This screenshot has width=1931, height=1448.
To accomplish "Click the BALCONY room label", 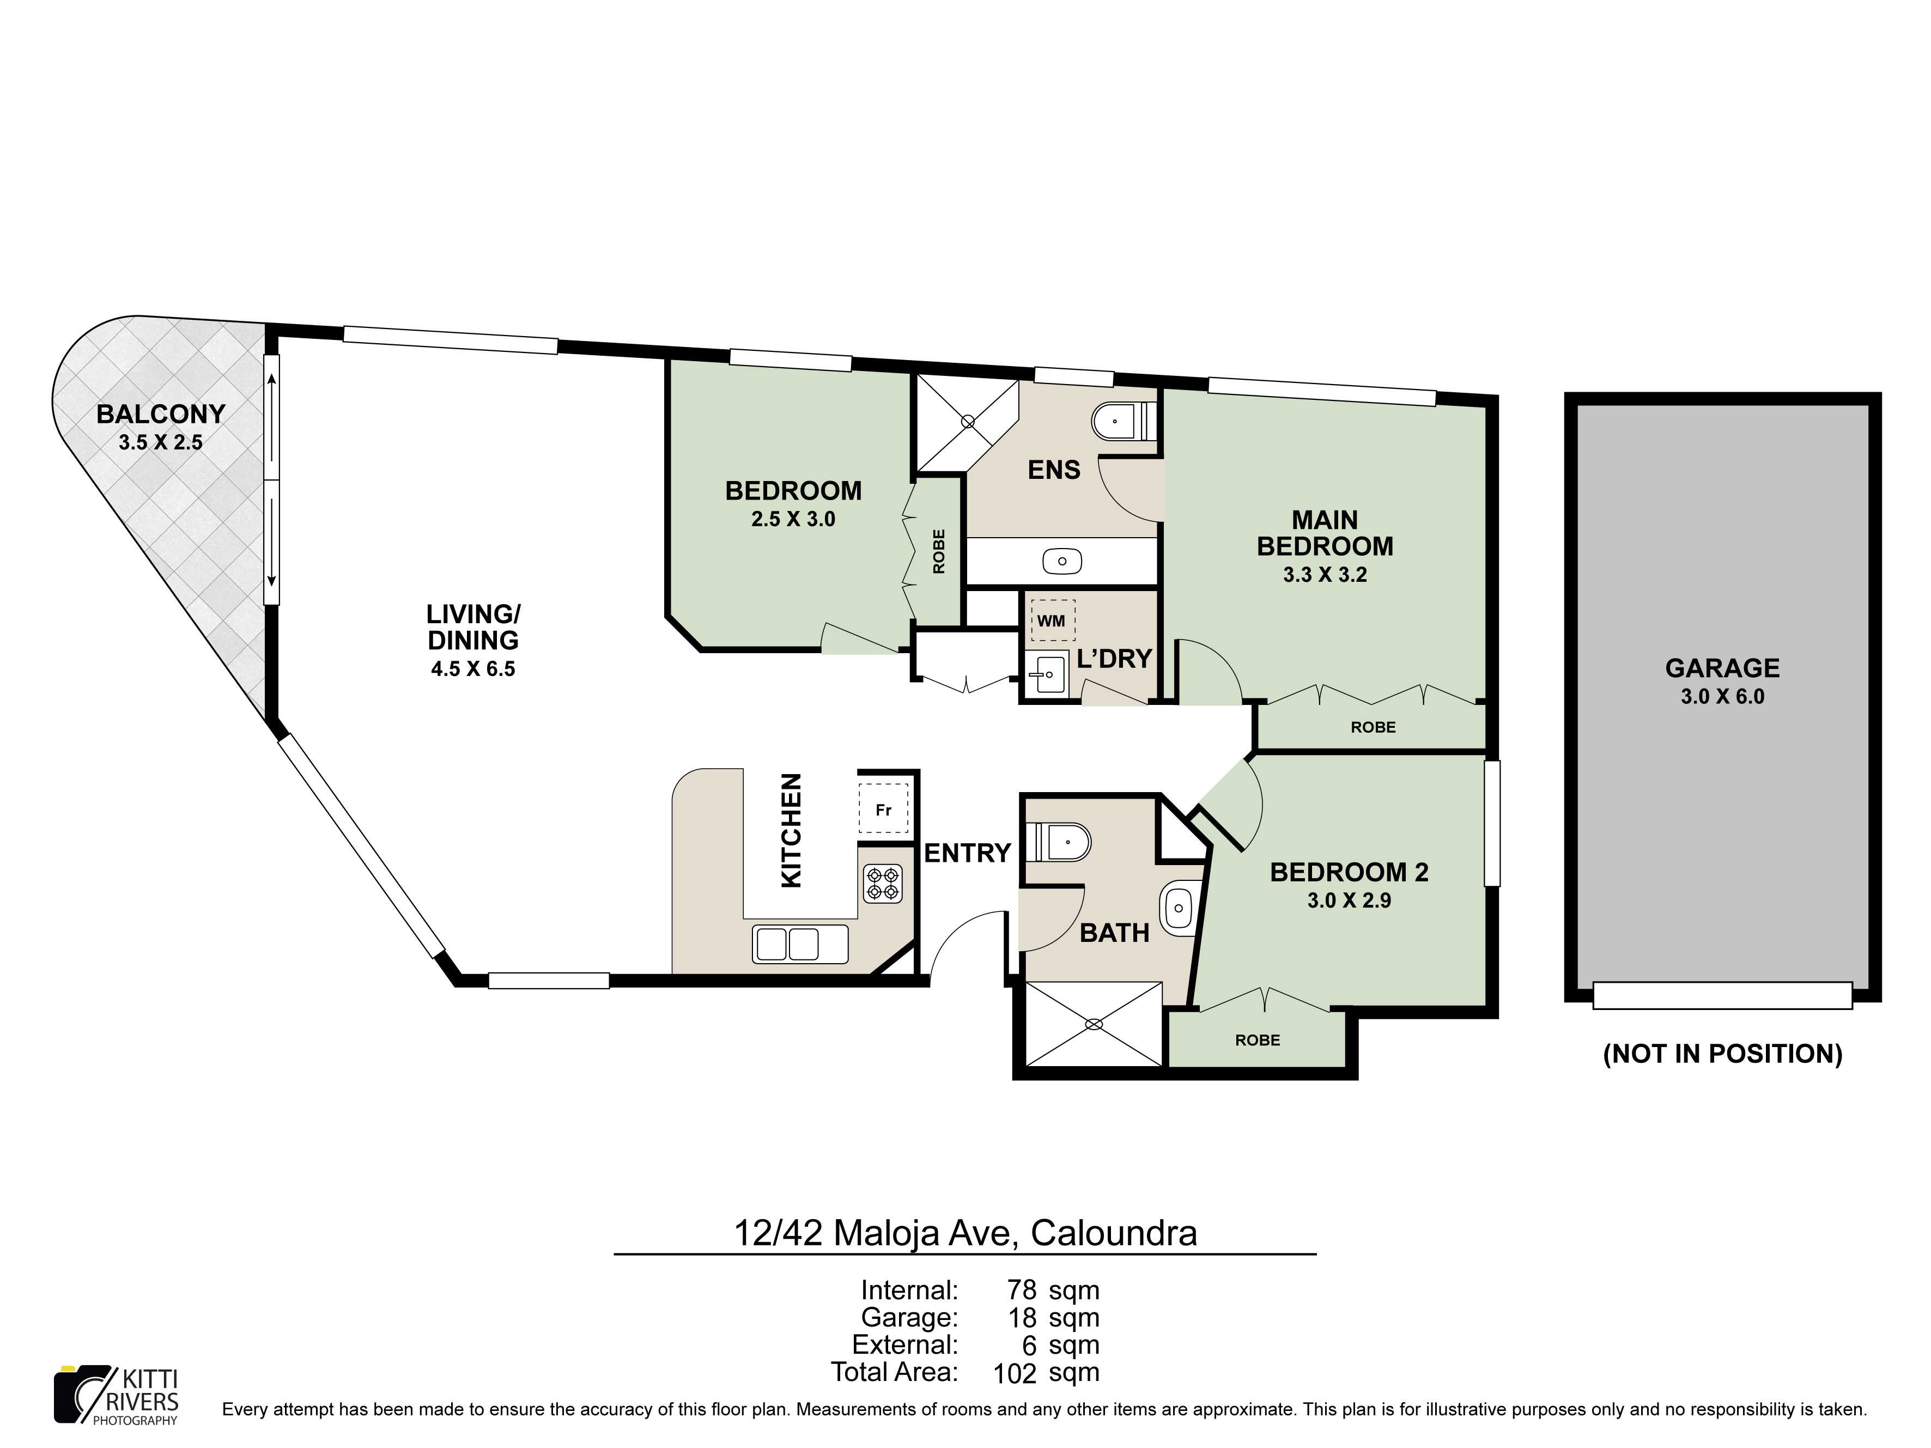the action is [x=161, y=413].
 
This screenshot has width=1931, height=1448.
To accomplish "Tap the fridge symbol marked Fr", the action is [x=883, y=808].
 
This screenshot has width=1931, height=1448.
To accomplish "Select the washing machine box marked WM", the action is [x=1052, y=620].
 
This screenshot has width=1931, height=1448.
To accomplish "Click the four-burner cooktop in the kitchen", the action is [x=883, y=883].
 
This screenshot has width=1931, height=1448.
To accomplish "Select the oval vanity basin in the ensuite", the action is [x=1062, y=561].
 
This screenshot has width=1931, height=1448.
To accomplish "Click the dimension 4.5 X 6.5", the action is [x=473, y=670].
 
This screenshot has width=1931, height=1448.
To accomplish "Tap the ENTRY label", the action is [x=967, y=853].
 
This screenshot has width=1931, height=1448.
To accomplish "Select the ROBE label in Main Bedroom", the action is [x=1373, y=727].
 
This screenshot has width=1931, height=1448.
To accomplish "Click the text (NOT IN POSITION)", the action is [x=1722, y=1054].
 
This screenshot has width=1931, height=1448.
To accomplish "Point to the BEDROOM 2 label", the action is [x=1349, y=872].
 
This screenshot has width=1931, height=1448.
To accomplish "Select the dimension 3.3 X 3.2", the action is [x=1324, y=574].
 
